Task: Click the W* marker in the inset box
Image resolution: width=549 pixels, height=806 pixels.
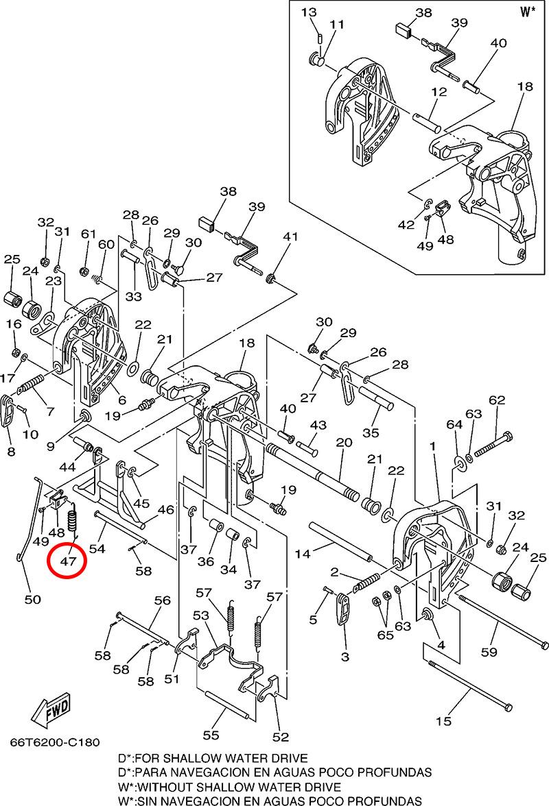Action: [x=527, y=12]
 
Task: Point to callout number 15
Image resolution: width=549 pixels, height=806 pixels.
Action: [x=443, y=720]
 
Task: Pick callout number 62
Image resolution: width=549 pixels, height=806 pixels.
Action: [x=496, y=400]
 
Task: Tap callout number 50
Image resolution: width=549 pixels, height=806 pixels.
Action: [x=32, y=600]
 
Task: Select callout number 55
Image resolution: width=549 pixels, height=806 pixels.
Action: [x=210, y=735]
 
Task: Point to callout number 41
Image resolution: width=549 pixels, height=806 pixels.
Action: [x=290, y=237]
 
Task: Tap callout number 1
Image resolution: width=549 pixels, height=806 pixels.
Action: [x=432, y=446]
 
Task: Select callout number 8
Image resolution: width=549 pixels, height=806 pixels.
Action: [x=10, y=451]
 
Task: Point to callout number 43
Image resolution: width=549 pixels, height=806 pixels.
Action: [x=318, y=426]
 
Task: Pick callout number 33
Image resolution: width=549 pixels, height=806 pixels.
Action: [x=133, y=297]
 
